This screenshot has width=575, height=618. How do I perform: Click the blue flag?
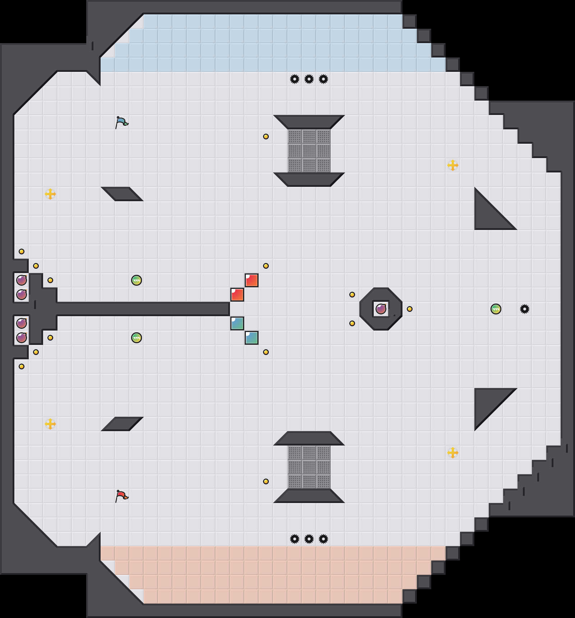(121, 122)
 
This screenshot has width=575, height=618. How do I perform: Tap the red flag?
(121, 496)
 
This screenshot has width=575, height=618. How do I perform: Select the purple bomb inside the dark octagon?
(381, 309)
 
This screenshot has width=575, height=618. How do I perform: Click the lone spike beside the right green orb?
(525, 309)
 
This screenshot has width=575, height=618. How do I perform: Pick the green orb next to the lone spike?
(496, 309)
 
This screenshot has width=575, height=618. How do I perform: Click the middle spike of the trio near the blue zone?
(309, 79)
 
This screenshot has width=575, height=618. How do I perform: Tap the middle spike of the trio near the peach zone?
(309, 539)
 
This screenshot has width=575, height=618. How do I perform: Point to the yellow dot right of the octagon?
(410, 309)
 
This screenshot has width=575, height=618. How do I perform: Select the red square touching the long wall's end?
(237, 295)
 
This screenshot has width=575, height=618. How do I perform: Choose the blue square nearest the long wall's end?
(237, 323)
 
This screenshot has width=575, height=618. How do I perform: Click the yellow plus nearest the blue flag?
(50, 194)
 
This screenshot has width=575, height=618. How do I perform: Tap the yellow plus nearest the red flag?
(50, 424)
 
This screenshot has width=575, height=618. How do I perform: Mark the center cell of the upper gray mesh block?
(309, 151)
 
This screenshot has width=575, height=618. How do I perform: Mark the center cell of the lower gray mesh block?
(309, 467)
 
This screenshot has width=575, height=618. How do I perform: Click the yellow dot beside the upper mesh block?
(266, 137)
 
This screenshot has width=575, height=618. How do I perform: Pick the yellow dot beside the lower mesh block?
(266, 481)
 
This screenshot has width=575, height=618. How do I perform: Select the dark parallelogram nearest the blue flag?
(122, 194)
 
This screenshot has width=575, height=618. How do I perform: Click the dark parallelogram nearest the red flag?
(122, 424)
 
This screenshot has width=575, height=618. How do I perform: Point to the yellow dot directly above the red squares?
(266, 266)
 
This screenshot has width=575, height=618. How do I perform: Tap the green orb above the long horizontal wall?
(137, 280)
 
